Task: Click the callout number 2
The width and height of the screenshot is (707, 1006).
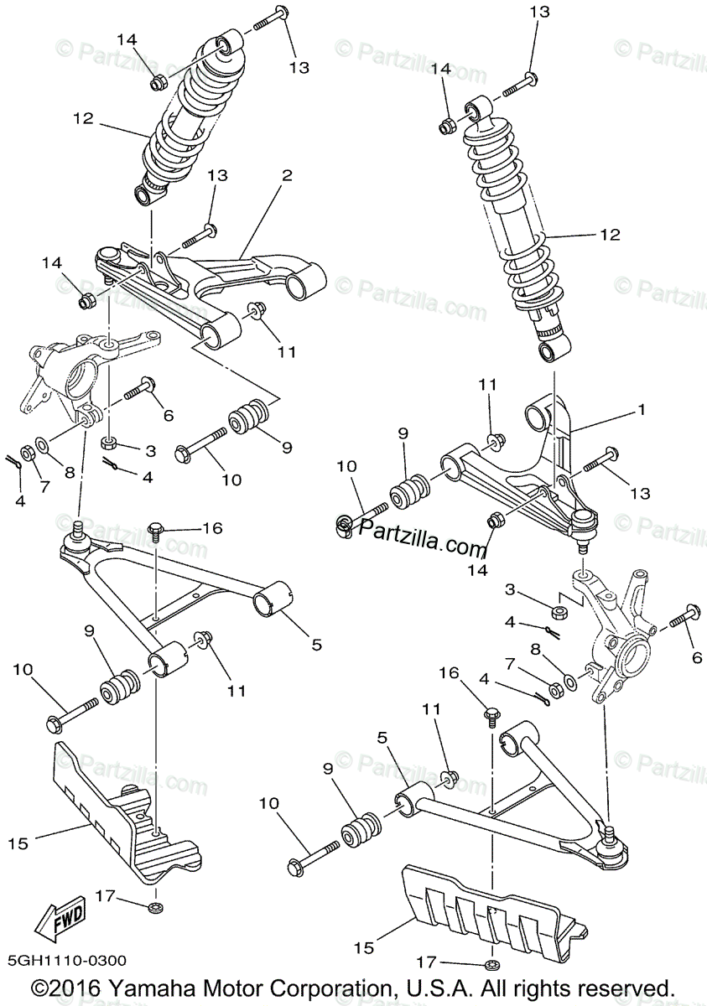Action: point(287,176)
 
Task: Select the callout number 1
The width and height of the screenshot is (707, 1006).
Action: point(641,411)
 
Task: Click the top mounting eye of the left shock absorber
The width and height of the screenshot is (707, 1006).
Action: point(225,46)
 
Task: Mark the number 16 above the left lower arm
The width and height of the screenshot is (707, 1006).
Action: point(212,527)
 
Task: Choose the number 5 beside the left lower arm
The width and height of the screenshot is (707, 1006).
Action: point(316,645)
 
